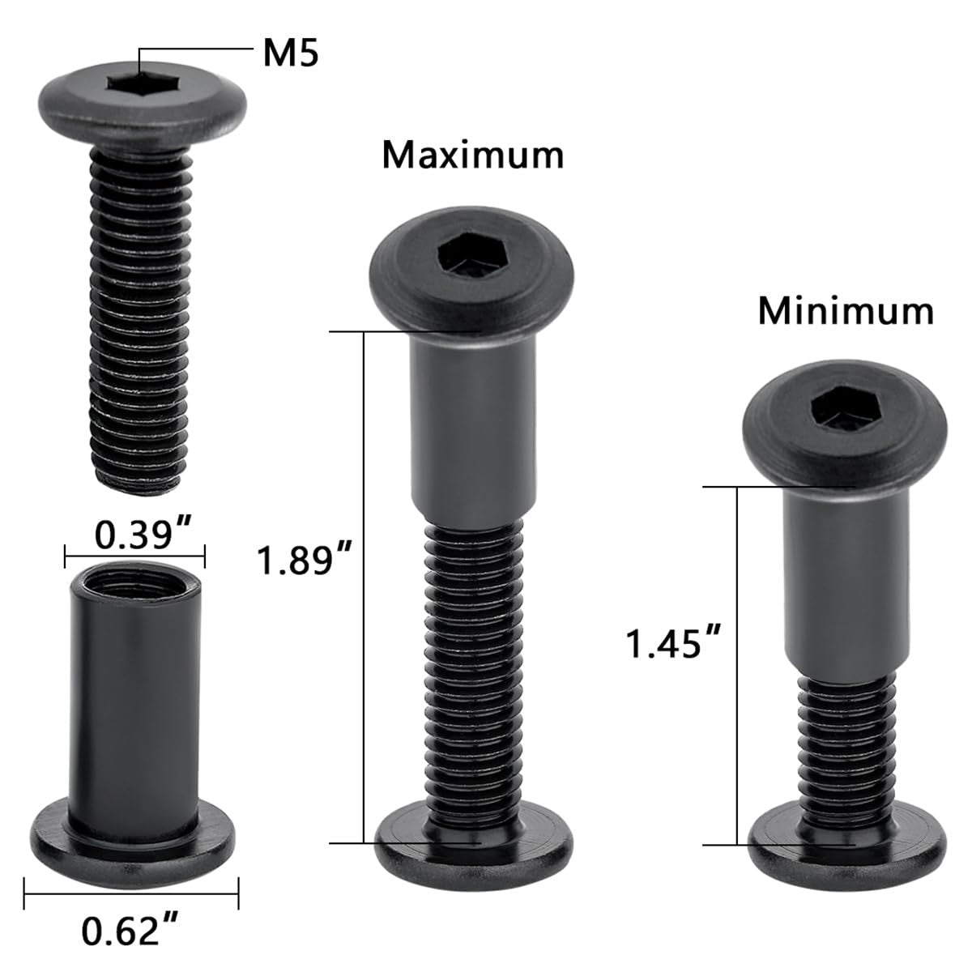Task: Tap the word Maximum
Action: [x=472, y=156]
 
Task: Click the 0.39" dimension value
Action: [x=143, y=535]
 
